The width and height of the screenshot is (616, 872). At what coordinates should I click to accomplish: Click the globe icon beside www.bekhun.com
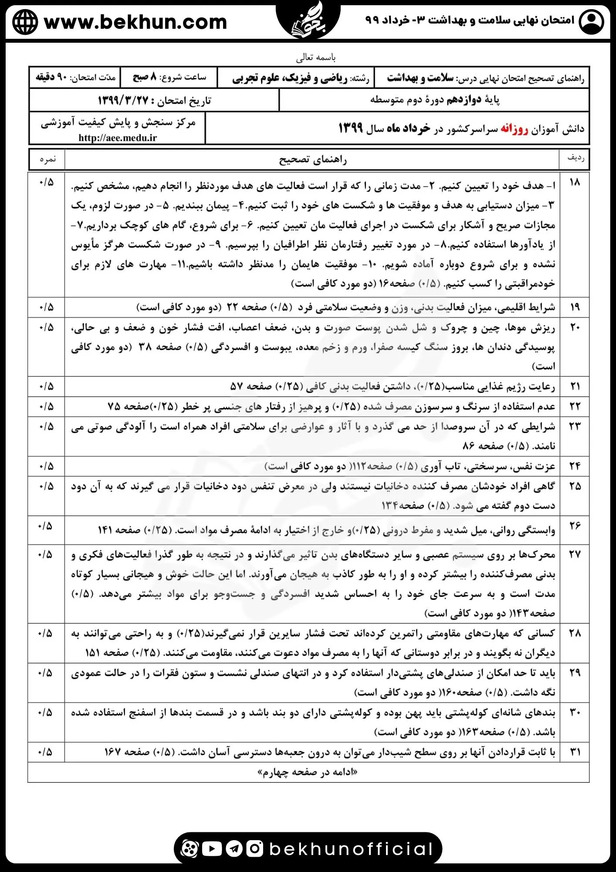[25, 22]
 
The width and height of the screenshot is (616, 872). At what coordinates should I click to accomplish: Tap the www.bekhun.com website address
[135, 22]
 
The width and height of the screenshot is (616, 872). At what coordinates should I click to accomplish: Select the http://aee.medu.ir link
[118, 138]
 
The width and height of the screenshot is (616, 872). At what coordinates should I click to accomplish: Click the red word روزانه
[514, 129]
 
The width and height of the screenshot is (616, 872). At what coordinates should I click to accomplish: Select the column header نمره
[47, 159]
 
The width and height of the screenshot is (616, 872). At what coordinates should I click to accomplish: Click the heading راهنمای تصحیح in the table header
[312, 160]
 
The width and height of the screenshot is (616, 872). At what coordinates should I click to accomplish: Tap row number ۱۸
[575, 182]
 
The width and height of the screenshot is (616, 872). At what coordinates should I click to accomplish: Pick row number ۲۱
[575, 386]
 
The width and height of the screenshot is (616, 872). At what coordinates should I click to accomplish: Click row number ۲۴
[575, 466]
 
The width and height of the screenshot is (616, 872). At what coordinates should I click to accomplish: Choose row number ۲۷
[575, 554]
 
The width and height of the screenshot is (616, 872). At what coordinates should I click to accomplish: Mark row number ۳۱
[575, 752]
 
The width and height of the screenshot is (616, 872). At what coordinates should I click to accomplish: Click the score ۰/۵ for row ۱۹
[46, 307]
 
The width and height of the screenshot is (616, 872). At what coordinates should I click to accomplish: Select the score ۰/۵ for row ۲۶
[45, 526]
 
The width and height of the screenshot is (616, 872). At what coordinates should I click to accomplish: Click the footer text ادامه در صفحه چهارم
[308, 772]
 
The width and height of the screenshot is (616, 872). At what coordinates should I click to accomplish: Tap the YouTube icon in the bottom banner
[212, 848]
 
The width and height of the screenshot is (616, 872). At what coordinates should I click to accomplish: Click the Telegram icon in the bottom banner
[234, 848]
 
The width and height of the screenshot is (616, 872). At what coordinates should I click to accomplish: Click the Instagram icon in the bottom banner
[255, 848]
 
